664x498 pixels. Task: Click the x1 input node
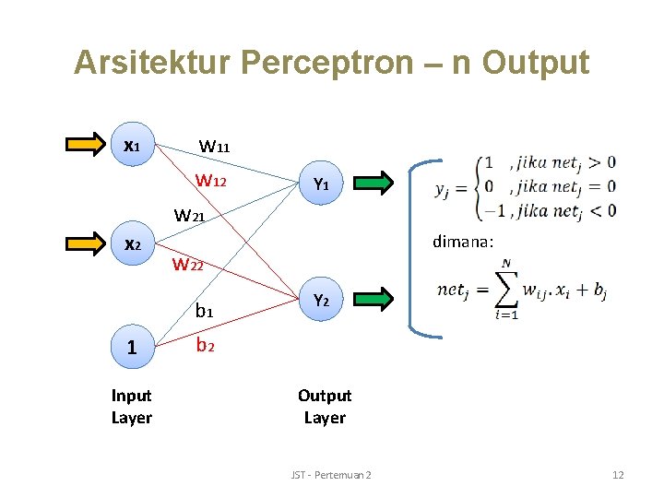point(133,145)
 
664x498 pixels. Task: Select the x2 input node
point(133,244)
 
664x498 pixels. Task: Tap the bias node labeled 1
point(132,347)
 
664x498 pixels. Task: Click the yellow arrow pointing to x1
point(88,144)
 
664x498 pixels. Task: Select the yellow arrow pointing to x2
point(88,244)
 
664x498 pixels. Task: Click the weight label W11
point(215,146)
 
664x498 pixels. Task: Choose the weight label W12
point(211,180)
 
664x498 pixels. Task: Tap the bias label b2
point(204,347)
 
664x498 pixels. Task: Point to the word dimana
point(464,242)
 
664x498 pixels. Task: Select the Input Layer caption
point(132,407)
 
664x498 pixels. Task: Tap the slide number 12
point(618,474)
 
